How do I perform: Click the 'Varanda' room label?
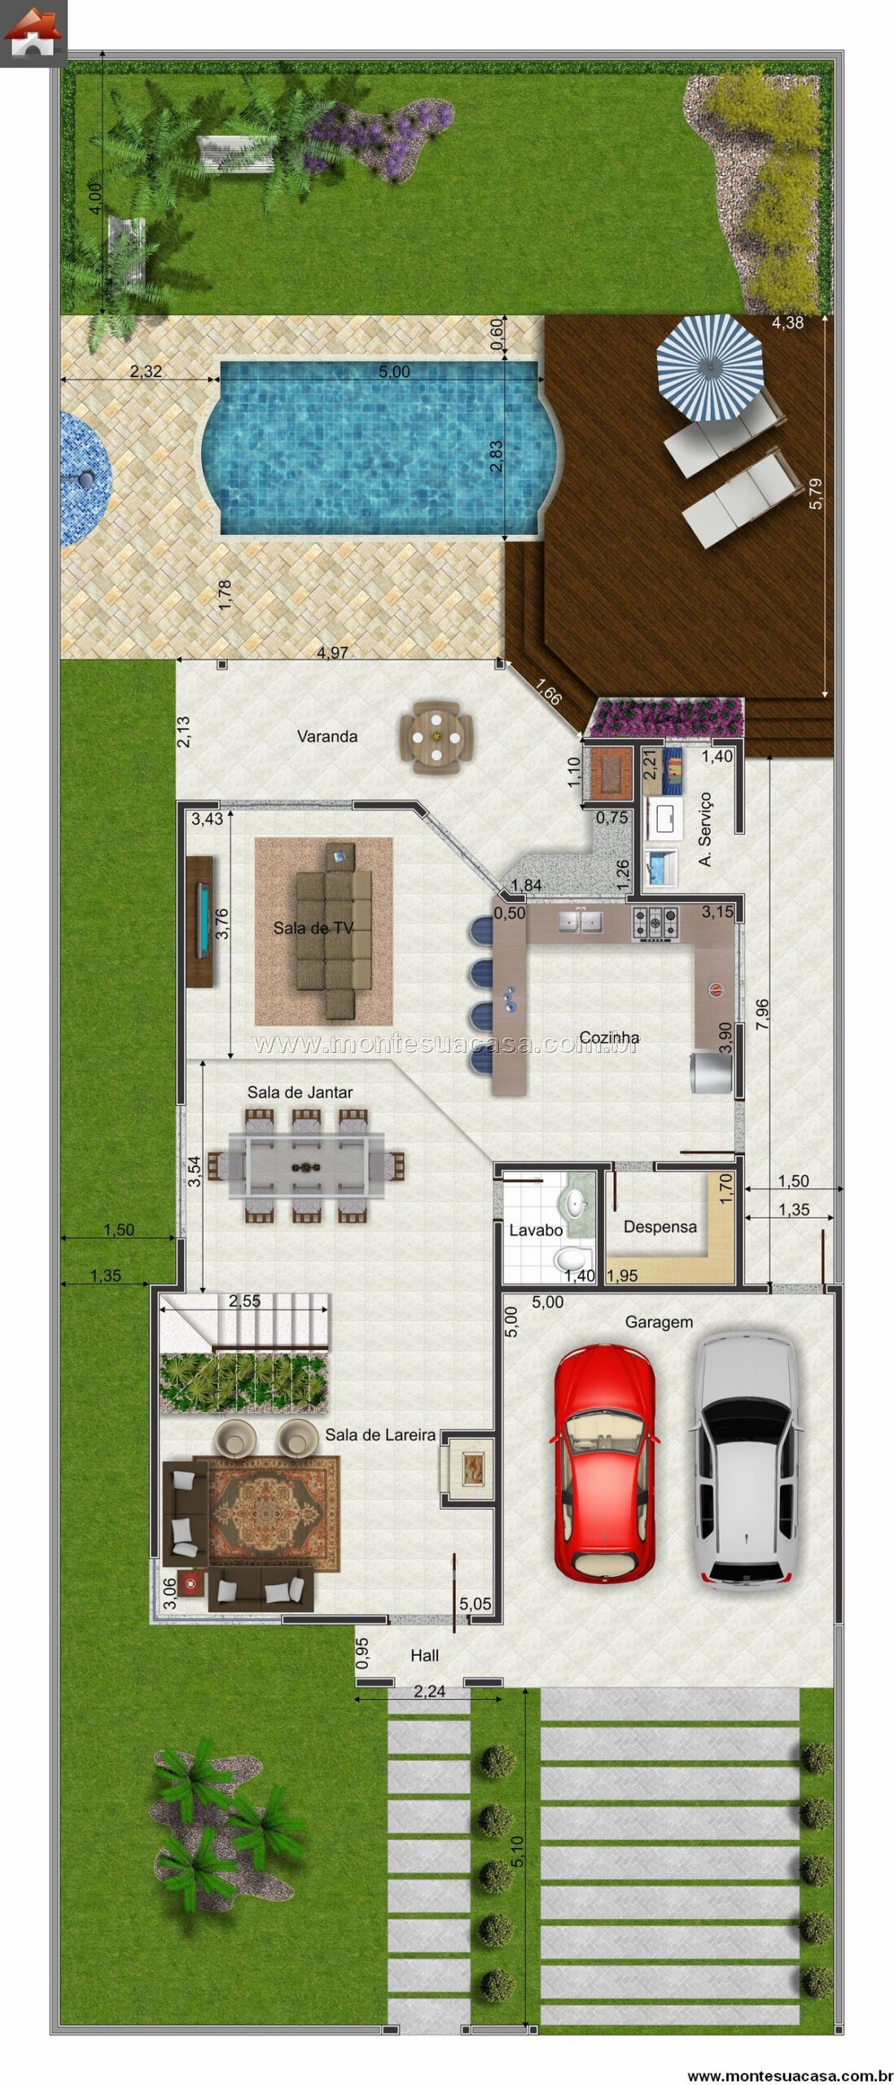click(326, 736)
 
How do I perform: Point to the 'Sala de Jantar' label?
click(300, 1092)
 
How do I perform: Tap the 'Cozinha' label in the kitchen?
click(609, 1037)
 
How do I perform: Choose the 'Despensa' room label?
click(660, 1227)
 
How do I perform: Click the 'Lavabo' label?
click(536, 1230)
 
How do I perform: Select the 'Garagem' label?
click(659, 1322)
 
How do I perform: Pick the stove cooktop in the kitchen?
click(655, 924)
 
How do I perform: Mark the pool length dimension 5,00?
click(394, 372)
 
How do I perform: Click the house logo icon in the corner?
click(33, 33)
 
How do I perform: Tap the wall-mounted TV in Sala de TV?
click(201, 921)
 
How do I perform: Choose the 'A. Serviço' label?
click(705, 829)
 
